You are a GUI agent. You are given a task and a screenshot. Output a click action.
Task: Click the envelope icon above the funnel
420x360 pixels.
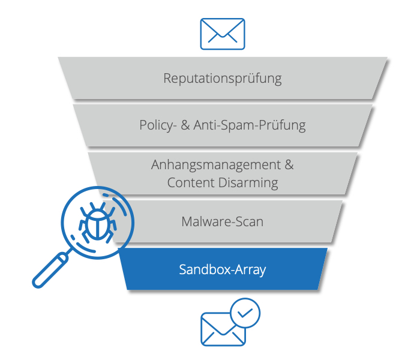pyautogui.click(x=222, y=34)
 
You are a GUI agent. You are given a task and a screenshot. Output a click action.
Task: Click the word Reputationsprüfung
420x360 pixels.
pyautogui.click(x=223, y=78)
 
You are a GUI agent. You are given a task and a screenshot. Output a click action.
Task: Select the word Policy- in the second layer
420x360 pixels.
pyautogui.click(x=156, y=125)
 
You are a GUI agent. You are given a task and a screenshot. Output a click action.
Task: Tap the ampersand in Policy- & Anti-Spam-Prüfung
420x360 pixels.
pyautogui.click(x=184, y=125)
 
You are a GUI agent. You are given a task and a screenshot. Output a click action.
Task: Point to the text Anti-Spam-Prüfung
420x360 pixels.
pyautogui.click(x=250, y=125)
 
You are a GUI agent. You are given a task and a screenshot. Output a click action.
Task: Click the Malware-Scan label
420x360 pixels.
pyautogui.click(x=223, y=221)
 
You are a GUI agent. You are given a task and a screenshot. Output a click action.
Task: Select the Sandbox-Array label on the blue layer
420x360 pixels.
pyautogui.click(x=223, y=269)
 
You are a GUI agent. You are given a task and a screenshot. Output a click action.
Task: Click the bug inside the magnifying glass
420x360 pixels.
pyautogui.click(x=95, y=223)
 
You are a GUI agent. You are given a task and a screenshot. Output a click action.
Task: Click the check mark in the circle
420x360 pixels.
pyautogui.click(x=245, y=313)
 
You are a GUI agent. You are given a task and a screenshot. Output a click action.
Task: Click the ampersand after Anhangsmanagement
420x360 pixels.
pyautogui.click(x=289, y=165)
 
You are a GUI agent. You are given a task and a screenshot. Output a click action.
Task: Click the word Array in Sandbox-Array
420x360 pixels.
pyautogui.click(x=248, y=269)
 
